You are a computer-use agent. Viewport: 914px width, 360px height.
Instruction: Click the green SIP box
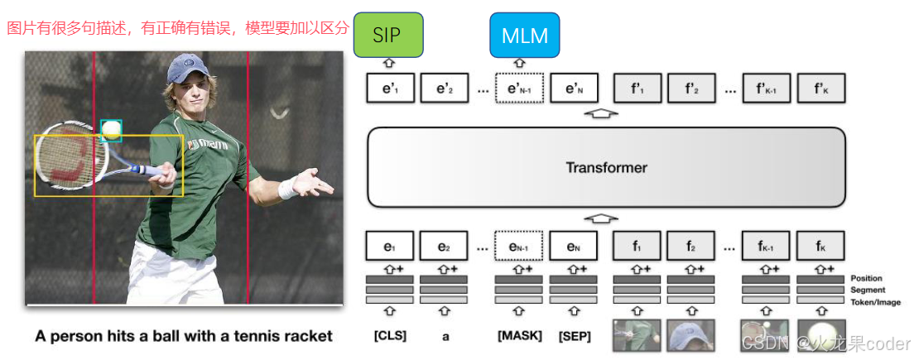pos(388,35)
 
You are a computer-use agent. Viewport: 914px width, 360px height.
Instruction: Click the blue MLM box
pos(525,35)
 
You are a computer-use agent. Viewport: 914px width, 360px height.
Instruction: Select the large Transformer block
pos(606,167)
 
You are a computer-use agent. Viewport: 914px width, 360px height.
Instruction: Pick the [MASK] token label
pos(519,336)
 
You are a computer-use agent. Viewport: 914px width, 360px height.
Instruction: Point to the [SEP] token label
pos(573,336)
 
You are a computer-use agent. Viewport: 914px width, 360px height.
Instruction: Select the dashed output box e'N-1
pos(519,88)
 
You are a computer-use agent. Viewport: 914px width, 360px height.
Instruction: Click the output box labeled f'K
pos(820,88)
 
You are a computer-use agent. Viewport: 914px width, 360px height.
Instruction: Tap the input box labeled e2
pos(444,247)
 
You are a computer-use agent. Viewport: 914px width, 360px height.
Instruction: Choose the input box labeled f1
pos(637,247)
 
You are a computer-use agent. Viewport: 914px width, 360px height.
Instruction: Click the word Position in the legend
pos(866,279)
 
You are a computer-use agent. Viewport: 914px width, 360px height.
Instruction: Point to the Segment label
pos(867,290)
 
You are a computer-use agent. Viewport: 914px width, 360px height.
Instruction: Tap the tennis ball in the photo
pos(111,130)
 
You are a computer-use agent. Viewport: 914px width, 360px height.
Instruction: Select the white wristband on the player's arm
pos(287,189)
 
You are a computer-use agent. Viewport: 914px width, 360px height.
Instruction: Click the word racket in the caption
pos(308,336)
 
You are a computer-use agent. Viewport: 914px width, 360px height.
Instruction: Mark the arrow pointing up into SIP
pos(389,64)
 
